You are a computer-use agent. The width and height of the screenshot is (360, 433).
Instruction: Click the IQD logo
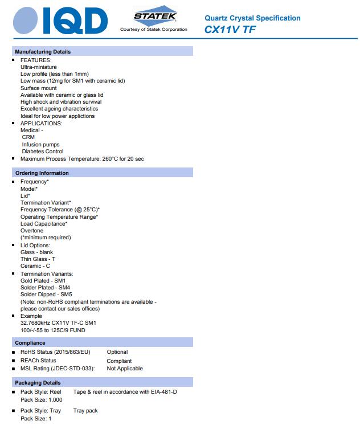(x=60, y=21)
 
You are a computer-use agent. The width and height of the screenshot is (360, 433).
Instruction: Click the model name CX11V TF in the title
(x=230, y=30)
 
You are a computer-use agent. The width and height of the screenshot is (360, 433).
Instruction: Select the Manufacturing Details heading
(x=43, y=52)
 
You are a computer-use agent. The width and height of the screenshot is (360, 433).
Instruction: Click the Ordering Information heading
(x=42, y=173)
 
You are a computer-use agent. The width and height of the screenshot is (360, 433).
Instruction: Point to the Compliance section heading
(x=30, y=343)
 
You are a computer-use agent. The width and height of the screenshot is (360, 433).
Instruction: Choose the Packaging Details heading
(x=38, y=383)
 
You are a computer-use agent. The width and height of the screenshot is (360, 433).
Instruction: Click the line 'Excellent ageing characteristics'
(x=59, y=109)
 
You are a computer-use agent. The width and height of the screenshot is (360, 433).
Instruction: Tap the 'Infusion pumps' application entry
(x=40, y=145)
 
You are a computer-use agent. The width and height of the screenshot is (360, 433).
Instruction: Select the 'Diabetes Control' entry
(x=43, y=152)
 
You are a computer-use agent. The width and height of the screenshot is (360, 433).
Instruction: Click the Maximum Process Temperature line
(x=82, y=159)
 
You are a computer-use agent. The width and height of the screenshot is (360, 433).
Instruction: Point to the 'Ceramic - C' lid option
(x=35, y=266)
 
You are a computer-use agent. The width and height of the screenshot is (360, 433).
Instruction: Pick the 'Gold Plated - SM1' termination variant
(x=43, y=281)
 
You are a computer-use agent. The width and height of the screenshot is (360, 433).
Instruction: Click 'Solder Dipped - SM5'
(x=46, y=295)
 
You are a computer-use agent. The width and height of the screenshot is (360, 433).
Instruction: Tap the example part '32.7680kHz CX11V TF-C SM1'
(x=59, y=323)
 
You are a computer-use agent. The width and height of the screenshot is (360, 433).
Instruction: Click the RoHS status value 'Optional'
(x=117, y=352)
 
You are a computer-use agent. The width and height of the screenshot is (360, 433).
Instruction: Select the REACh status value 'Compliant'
(x=119, y=361)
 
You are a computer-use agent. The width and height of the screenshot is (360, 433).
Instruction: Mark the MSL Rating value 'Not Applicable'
(x=125, y=369)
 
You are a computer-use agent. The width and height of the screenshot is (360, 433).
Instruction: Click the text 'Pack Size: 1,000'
(x=42, y=400)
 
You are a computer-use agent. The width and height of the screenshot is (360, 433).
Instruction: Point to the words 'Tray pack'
(x=85, y=411)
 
